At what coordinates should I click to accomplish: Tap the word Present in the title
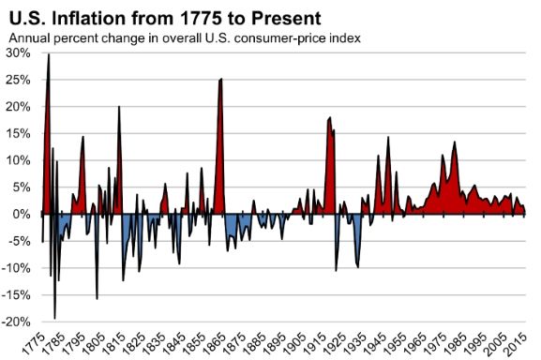tap(298, 16)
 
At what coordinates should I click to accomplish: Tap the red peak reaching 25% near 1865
tap(220, 79)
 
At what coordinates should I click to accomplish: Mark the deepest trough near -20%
tap(54, 318)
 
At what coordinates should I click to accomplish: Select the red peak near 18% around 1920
tap(330, 118)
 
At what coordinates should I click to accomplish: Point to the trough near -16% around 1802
tap(97, 298)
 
